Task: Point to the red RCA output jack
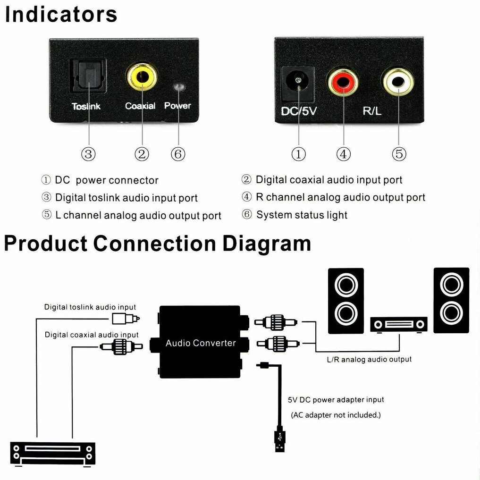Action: click(343, 82)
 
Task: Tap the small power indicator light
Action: click(178, 87)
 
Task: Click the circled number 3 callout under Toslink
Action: click(88, 154)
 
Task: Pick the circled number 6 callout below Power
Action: click(178, 154)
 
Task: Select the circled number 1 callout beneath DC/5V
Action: click(298, 154)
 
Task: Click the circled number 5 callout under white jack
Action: click(399, 154)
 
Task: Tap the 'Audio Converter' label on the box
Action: click(201, 343)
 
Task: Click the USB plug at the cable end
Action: click(279, 440)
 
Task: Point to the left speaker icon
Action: click(345, 301)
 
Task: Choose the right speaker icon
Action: click(451, 300)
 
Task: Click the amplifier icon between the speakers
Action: click(399, 324)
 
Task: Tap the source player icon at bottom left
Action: click(53, 453)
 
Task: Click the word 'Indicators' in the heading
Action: click(61, 14)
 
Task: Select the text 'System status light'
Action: click(302, 215)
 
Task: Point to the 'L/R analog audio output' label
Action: click(369, 360)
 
